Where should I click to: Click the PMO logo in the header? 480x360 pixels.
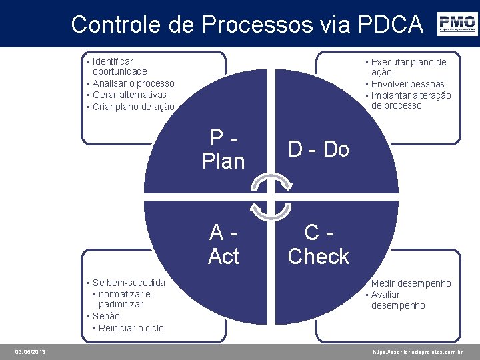point(457,24)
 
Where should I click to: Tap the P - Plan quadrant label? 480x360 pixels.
point(223,149)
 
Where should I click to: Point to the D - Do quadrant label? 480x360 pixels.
point(318,149)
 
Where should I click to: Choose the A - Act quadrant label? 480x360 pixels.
point(223,244)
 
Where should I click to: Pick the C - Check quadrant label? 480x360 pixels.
point(318,244)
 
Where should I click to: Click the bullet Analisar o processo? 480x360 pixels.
point(133,83)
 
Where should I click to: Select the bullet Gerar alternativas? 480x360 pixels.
point(129,95)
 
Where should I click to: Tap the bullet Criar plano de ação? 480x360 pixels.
point(133,107)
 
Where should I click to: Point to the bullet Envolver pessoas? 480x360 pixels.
point(407,84)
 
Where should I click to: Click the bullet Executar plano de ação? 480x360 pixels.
point(409,67)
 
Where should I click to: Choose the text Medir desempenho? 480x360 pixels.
point(411,283)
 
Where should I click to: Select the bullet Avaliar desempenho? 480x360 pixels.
point(397,300)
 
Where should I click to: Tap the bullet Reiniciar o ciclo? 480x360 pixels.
point(131,328)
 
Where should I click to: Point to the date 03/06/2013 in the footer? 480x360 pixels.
point(30,351)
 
